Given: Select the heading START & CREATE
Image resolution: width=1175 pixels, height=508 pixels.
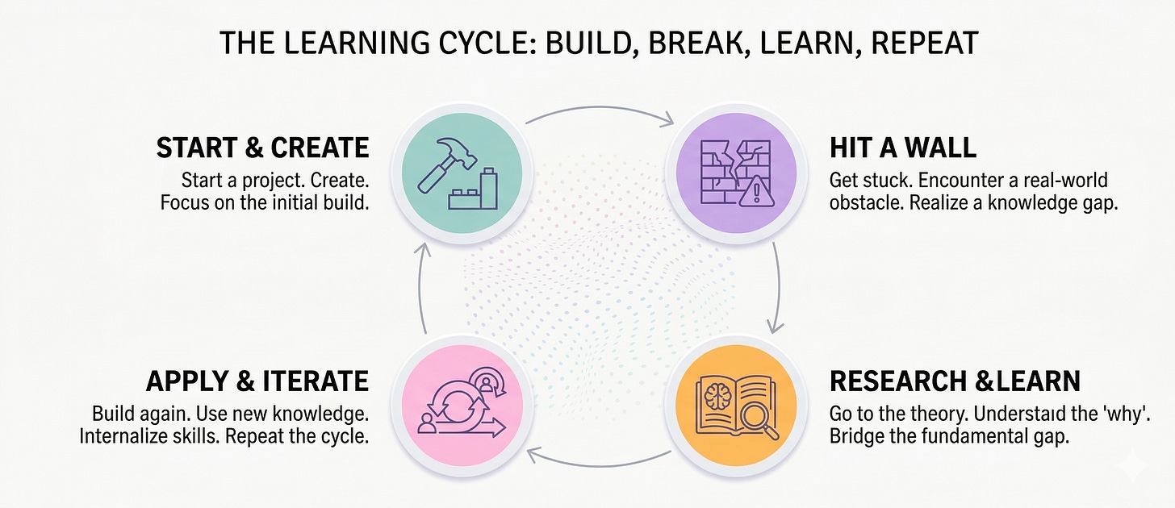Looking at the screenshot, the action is [262, 148].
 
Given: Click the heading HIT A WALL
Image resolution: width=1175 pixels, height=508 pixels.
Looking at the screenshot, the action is [902, 148].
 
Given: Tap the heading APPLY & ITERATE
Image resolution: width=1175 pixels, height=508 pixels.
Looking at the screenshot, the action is [257, 381].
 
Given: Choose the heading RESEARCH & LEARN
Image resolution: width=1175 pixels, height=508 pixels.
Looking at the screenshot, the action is [955, 381].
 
